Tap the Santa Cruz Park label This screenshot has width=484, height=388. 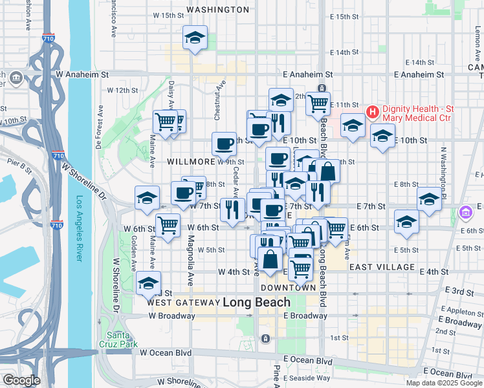click(x=119, y=339)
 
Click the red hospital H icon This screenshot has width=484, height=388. click(x=372, y=112)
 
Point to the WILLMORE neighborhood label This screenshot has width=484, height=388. click(x=190, y=161)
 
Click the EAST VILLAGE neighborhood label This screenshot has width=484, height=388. click(x=382, y=266)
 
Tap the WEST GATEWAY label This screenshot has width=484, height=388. click(x=184, y=302)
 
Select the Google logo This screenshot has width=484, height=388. click(x=21, y=380)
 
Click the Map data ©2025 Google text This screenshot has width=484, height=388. click(x=444, y=383)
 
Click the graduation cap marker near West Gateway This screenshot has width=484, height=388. click(x=148, y=283)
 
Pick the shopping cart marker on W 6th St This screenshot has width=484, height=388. click(x=168, y=226)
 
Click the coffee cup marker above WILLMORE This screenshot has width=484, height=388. click(x=225, y=144)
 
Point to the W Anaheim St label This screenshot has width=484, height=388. click(x=80, y=75)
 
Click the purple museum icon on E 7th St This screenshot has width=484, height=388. click(x=465, y=211)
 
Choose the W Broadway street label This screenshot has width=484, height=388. click(x=171, y=316)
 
